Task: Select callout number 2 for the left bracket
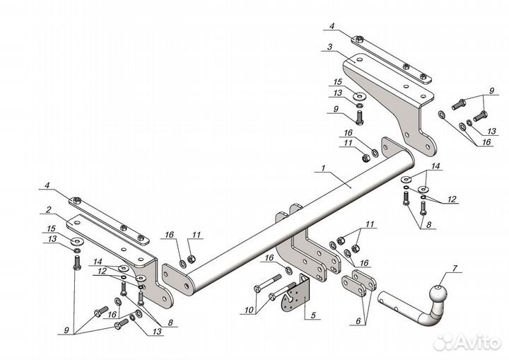click(47, 209)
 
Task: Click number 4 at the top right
click(329, 28)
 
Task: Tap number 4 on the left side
click(47, 187)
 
